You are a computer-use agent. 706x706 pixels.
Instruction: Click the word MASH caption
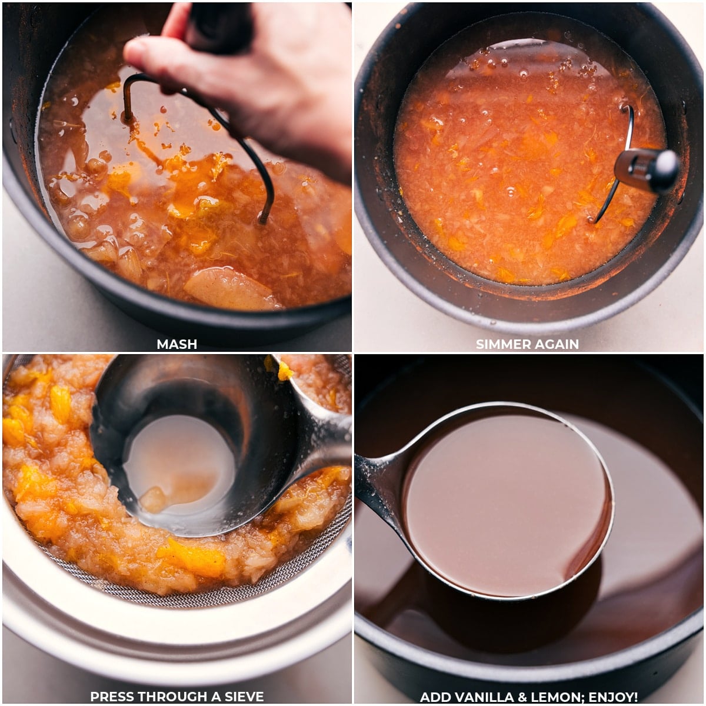(176, 344)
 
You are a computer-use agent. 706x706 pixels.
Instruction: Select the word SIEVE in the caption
(241, 697)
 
